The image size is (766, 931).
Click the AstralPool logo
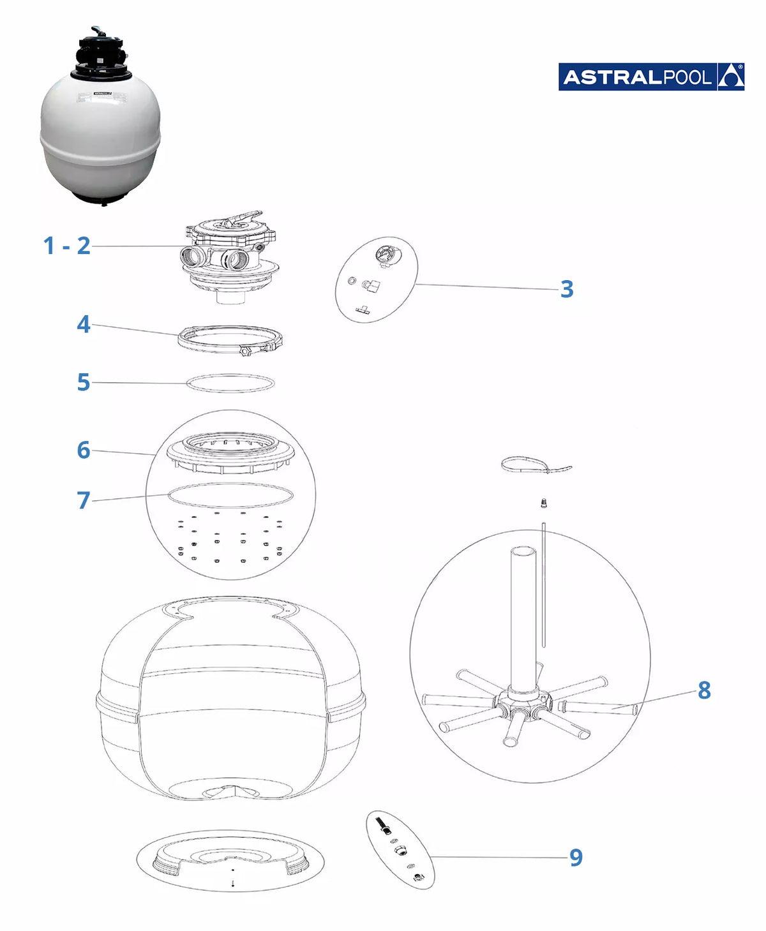click(651, 77)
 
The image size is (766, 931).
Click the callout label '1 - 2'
click(66, 246)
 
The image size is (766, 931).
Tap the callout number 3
click(567, 289)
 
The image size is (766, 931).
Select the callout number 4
click(84, 324)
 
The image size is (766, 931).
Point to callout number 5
click(84, 382)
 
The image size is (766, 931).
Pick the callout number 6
click(84, 450)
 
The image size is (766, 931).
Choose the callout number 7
click(84, 500)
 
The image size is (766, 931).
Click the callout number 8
click(704, 690)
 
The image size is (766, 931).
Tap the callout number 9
click(576, 857)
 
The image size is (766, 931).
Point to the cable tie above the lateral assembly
click(536, 465)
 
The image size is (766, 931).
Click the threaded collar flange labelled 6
click(230, 452)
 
